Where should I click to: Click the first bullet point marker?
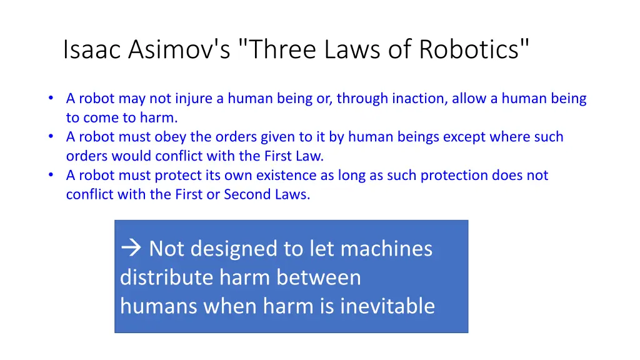[x=51, y=98]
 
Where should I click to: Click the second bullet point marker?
[x=51, y=136]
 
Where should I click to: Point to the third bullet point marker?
[x=51, y=175]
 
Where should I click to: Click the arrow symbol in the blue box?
[x=131, y=249]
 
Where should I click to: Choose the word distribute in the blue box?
[x=160, y=277]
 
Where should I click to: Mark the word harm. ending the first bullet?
[x=159, y=117]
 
